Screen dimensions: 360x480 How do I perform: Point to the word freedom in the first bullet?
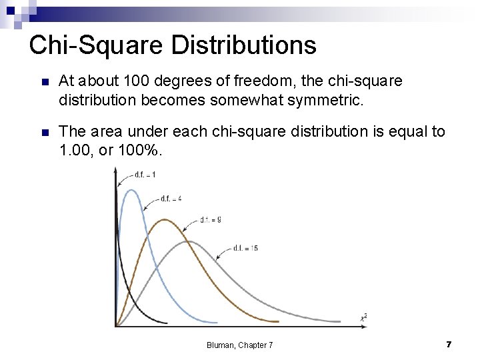pos(257,81)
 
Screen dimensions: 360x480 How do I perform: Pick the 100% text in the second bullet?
pos(139,150)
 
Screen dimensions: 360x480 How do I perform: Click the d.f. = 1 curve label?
pos(145,175)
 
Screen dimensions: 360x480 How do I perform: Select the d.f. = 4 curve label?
pos(171,199)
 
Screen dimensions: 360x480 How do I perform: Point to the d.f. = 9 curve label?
pos(211,219)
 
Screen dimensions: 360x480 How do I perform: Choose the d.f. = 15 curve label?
pos(245,248)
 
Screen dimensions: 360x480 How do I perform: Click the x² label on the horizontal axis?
pos(363,317)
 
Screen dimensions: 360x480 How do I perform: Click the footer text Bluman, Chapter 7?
pos(239,345)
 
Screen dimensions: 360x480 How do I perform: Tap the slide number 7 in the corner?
pos(449,344)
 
